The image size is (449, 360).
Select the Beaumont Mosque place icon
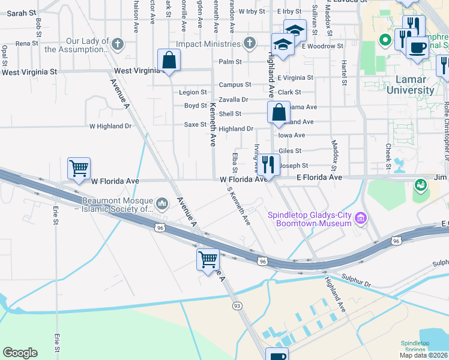(161, 205)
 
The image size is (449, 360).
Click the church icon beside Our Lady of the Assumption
(118, 44)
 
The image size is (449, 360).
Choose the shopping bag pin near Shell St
(279, 112)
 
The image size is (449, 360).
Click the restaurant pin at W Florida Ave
(268, 164)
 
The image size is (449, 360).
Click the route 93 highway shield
(238, 305)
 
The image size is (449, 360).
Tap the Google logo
(20, 353)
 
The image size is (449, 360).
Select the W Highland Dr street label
(110, 127)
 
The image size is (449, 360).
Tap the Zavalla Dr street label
(234, 100)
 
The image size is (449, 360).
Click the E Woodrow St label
(322, 46)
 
